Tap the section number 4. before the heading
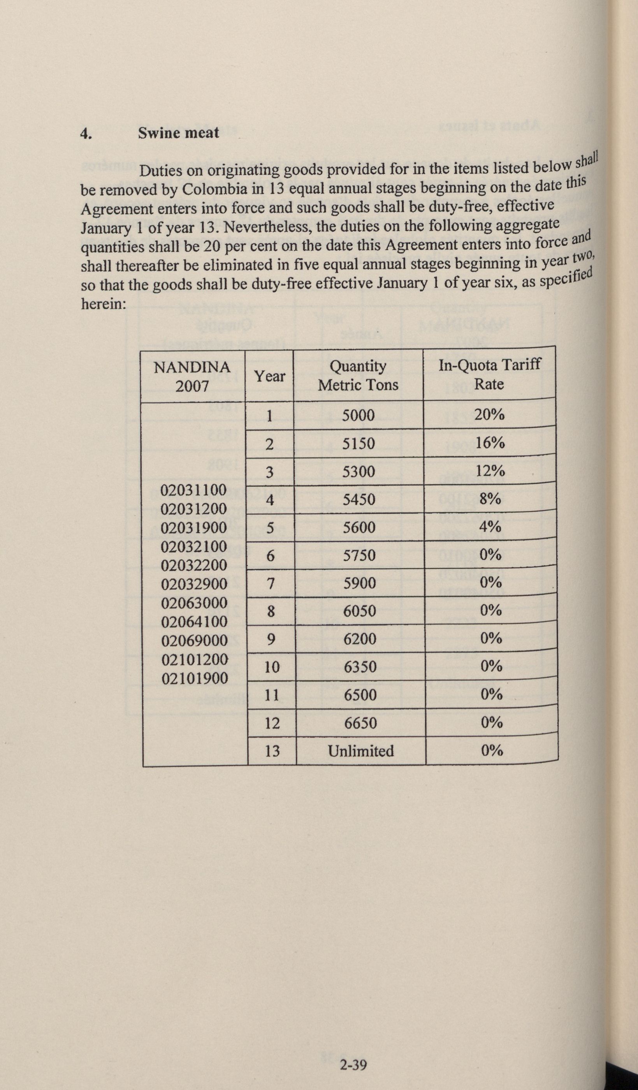pyautogui.click(x=86, y=133)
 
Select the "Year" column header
pyautogui.click(x=269, y=376)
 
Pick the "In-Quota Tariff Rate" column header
pyautogui.click(x=489, y=375)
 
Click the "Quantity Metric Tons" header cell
pyautogui.click(x=358, y=375)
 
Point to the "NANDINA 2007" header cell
pyautogui.click(x=192, y=376)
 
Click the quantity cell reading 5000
pyautogui.click(x=358, y=416)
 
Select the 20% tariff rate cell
pyautogui.click(x=489, y=415)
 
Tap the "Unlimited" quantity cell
pyautogui.click(x=361, y=751)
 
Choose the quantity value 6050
pyautogui.click(x=359, y=611)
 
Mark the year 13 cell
pyautogui.click(x=272, y=751)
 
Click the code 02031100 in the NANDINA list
pyautogui.click(x=193, y=490)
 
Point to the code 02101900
pyautogui.click(x=194, y=678)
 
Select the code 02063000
pyautogui.click(x=194, y=602)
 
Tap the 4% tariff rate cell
pyautogui.click(x=490, y=527)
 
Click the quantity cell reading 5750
pyautogui.click(x=359, y=555)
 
